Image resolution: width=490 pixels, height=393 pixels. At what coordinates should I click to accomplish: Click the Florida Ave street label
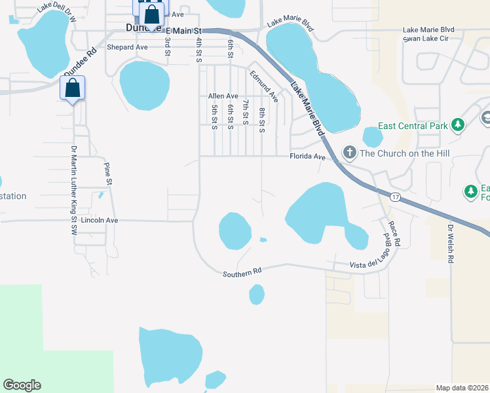coord(308,157)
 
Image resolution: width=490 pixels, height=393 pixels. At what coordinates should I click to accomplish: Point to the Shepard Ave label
coord(128,47)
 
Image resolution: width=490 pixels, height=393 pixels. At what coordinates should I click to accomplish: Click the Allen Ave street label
coord(223,96)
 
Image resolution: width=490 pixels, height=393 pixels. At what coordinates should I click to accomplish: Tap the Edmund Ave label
coord(264,86)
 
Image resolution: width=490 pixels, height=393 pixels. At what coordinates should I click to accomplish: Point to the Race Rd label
coord(394,233)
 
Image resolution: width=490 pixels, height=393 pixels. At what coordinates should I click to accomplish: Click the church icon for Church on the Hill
coord(349,153)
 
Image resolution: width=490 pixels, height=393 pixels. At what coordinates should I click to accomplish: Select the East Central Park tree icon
coord(458,125)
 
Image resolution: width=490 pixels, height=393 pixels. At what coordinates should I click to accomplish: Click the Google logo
coord(22,385)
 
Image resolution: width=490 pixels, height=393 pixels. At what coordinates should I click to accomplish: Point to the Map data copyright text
coord(461,388)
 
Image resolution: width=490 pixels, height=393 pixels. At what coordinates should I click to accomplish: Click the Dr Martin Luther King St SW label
coord(74,190)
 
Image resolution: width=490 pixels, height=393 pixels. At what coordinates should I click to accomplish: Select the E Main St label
coord(185,31)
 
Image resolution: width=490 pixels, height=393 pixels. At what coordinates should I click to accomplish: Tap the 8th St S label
coord(261,121)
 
